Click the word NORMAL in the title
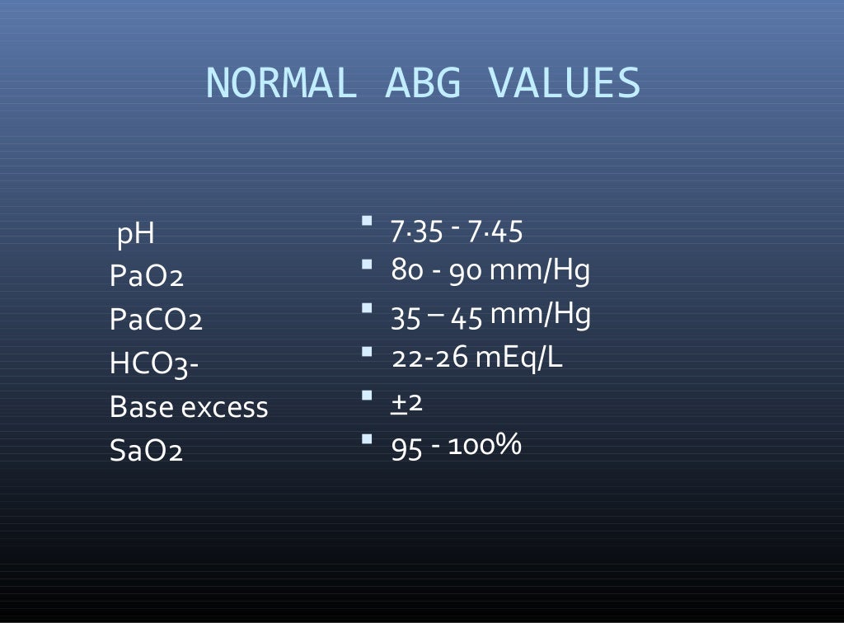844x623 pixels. point(281,83)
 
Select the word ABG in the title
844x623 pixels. point(423,83)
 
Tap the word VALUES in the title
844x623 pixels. point(564,83)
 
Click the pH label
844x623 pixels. point(136,236)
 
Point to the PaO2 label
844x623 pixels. point(146,276)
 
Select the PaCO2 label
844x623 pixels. point(156,320)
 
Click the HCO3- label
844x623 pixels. point(154,363)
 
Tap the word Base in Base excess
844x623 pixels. point(137,407)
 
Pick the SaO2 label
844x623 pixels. point(146,451)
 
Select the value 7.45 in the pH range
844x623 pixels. point(495,232)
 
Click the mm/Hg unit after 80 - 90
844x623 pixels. point(540,271)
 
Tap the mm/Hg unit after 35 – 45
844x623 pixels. point(540,315)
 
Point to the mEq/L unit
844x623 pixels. point(519,358)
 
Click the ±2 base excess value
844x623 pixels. point(406,402)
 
